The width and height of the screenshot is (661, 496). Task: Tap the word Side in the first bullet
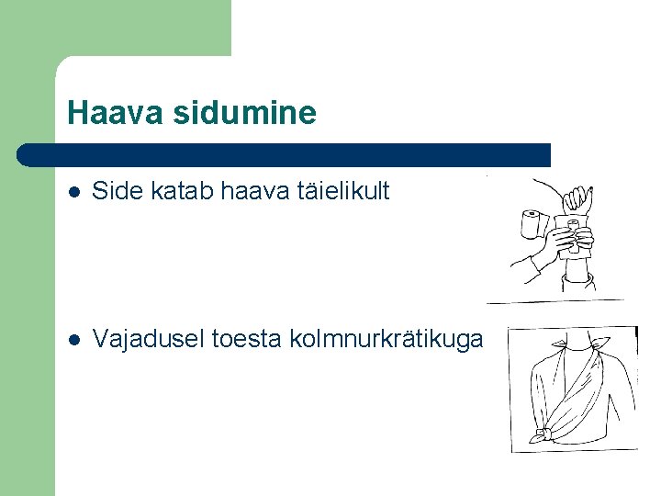point(115,191)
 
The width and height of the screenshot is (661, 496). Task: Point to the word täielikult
point(342,191)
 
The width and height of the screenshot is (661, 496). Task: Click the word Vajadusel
point(149,339)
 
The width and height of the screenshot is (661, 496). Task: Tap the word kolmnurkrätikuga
point(386,339)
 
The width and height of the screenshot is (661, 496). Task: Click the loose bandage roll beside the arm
point(531,224)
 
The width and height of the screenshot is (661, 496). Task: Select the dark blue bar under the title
point(285,154)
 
